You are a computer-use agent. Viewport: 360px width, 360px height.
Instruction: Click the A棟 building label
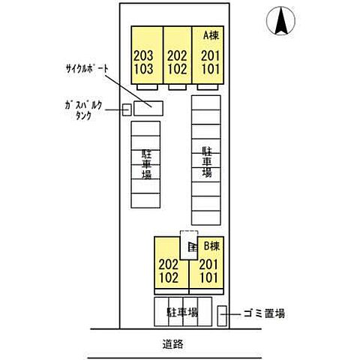[209, 34]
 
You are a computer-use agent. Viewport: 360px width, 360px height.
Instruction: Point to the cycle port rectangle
[148, 105]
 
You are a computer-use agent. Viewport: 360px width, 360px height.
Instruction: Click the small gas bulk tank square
[126, 109]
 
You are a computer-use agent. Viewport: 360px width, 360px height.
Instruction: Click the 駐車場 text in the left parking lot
[146, 163]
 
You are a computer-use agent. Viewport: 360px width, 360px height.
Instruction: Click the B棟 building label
[211, 245]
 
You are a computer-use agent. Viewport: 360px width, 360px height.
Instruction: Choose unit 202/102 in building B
[168, 269]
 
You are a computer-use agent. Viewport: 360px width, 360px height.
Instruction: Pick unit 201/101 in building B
[208, 269]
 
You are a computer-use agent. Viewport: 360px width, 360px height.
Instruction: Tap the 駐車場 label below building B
[183, 311]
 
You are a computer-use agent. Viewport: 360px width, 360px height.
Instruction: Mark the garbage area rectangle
[222, 315]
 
